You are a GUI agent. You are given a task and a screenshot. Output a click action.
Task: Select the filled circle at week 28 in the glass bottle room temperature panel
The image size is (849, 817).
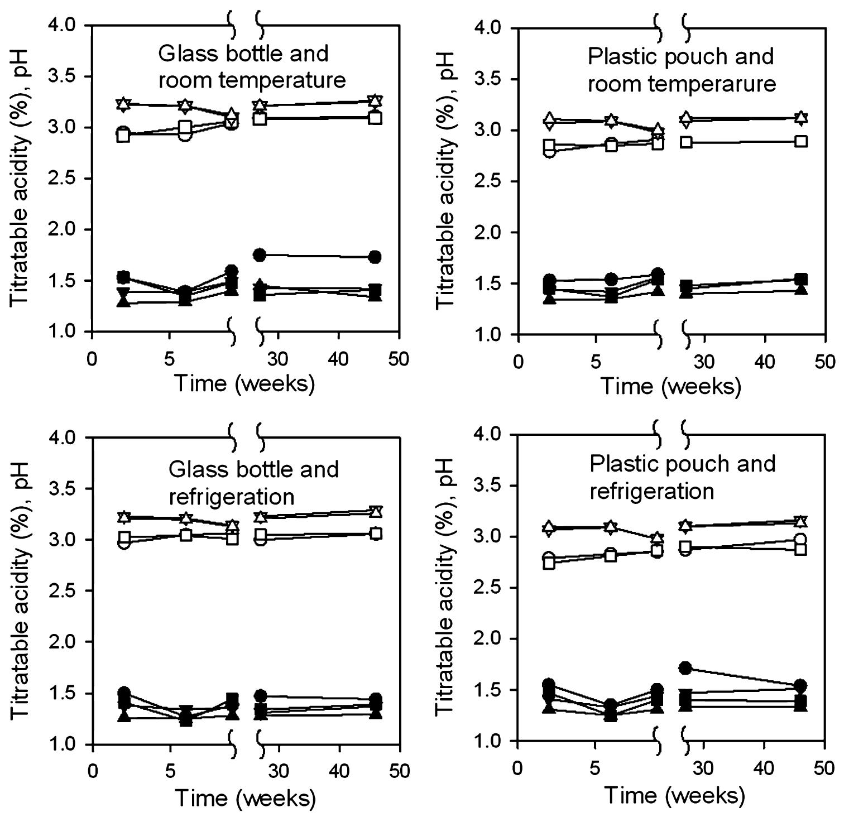tap(259, 255)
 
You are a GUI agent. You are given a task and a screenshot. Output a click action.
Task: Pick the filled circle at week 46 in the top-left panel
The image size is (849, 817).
tap(375, 257)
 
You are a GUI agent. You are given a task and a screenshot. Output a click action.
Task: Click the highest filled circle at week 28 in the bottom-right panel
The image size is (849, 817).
tap(686, 667)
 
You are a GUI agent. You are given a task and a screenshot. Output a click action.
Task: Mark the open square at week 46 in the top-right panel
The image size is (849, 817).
tap(801, 141)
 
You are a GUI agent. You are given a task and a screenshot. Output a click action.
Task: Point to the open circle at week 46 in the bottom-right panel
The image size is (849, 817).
tap(801, 539)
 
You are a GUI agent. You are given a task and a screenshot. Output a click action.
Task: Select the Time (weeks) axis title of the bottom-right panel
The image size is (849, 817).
tap(674, 795)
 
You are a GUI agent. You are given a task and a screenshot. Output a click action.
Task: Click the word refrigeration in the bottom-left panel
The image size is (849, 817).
tap(232, 496)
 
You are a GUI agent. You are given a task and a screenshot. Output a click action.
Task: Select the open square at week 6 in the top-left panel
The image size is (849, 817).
tap(186, 127)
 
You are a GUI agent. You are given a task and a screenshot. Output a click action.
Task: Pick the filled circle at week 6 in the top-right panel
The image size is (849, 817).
tap(612, 279)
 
